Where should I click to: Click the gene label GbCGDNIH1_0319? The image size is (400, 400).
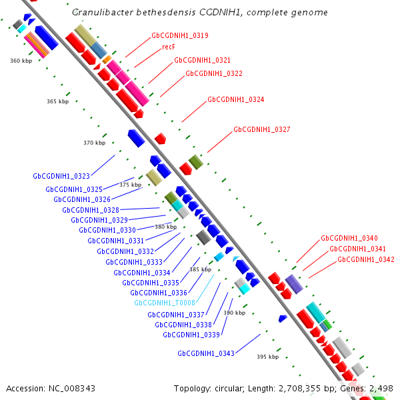pos(179,35)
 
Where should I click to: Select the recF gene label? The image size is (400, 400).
pos(169,47)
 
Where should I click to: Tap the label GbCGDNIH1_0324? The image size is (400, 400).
pos(235,99)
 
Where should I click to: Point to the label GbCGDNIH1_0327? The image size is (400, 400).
pos(261,129)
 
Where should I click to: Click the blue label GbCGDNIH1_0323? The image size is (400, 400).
pos(61,177)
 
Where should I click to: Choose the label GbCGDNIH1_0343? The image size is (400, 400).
pos(205,353)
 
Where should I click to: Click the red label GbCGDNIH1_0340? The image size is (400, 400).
pos(349,238)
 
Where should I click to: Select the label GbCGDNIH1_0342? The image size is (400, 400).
pos(365,259)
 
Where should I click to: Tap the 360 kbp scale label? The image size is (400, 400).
pos(21,61)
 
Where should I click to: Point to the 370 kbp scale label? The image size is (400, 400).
pos(94,143)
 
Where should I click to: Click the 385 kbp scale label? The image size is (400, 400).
pos(200,269)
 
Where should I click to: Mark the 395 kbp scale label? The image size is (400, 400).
pos(267,357)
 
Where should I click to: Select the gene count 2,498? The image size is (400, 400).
pos(381,388)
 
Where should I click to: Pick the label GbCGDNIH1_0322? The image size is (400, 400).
pos(213,73)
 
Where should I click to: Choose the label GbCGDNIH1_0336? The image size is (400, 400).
pos(158,293)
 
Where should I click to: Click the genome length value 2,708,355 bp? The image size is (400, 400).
pos(301,388)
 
